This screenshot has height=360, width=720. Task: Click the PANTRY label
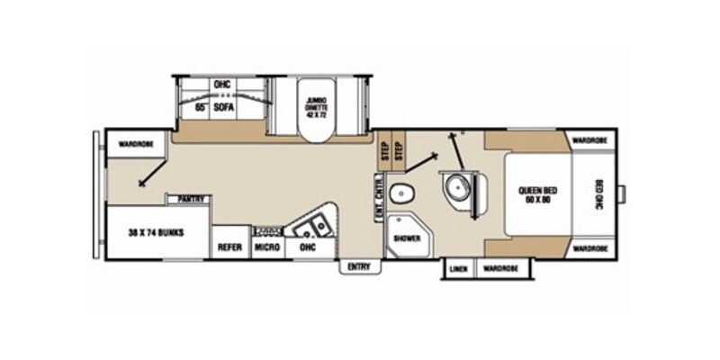pyautogui.click(x=189, y=199)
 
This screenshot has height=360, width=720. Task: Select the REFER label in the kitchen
pyautogui.click(x=229, y=247)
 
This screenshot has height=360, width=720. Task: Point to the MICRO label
pyautogui.click(x=265, y=247)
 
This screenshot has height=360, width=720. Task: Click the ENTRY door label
pyautogui.click(x=359, y=266)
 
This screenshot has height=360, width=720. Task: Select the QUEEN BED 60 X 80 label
pyautogui.click(x=534, y=195)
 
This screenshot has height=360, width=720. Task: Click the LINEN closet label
pyautogui.click(x=459, y=268)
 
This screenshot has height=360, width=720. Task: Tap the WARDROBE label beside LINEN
pyautogui.click(x=500, y=268)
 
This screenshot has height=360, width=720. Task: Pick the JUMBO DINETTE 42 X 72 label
pyautogui.click(x=316, y=106)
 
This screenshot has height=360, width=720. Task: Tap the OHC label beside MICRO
pyautogui.click(x=307, y=247)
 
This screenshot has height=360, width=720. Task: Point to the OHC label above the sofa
pyautogui.click(x=222, y=85)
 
